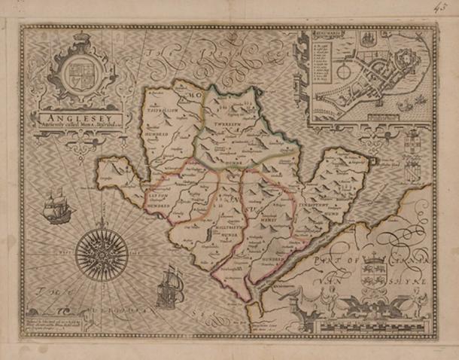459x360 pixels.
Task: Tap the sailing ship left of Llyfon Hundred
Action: point(56,204)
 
